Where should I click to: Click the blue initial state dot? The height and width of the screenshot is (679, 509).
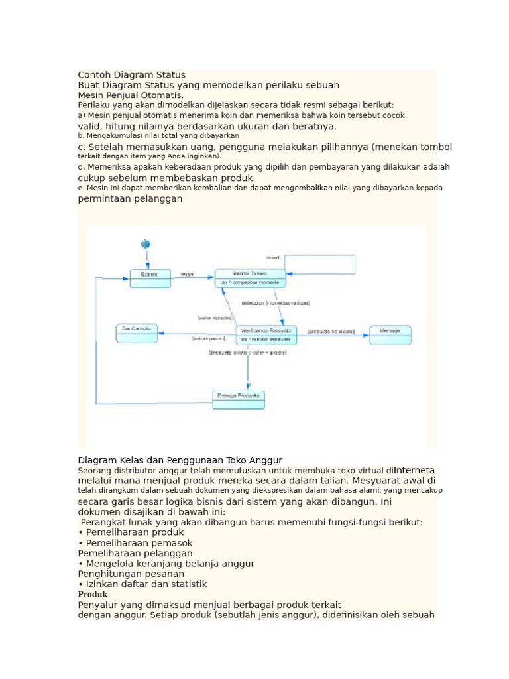(x=145, y=244)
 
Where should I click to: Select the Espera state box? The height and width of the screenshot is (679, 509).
(x=150, y=278)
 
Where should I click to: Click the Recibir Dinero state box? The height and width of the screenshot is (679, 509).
(x=251, y=278)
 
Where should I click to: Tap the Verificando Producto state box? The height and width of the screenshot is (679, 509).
(x=266, y=335)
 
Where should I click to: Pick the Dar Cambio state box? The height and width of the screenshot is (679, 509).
(x=137, y=333)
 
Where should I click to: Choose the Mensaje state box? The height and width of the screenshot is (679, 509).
(x=390, y=335)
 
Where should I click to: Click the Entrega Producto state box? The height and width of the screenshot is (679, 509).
(x=239, y=399)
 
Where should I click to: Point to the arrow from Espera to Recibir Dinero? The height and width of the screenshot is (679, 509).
(x=192, y=278)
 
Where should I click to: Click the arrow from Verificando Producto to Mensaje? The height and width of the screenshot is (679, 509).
(x=333, y=336)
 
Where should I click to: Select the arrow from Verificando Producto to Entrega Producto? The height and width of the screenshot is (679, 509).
(x=249, y=368)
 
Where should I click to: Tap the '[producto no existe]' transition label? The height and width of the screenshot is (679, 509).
(x=331, y=330)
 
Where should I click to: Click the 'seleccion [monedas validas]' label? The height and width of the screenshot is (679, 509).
(x=276, y=303)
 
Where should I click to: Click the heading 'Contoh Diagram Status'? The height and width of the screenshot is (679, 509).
(x=132, y=75)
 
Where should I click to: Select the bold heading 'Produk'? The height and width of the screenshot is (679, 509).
(x=93, y=595)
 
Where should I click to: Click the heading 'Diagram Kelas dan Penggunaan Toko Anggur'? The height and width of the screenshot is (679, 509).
(x=180, y=460)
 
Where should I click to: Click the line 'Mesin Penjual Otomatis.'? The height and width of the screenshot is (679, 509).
(x=131, y=95)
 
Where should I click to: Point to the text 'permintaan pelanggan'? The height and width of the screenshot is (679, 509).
(x=130, y=198)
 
